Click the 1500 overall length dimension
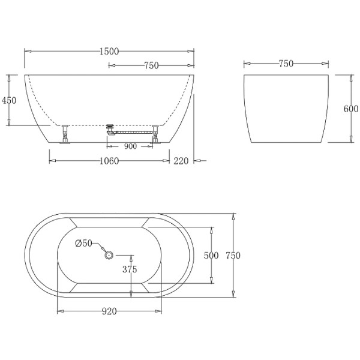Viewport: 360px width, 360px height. click(x=109, y=51)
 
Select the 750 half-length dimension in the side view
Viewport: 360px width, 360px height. click(x=151, y=65)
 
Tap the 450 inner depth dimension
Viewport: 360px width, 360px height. click(x=9, y=100)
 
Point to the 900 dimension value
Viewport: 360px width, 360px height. click(x=130, y=146)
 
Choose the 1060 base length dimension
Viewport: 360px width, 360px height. click(x=109, y=161)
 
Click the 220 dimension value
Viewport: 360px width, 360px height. click(x=181, y=161)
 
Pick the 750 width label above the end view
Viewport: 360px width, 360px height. click(x=286, y=64)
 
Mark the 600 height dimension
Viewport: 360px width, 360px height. click(x=351, y=109)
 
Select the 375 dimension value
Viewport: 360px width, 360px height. click(x=130, y=269)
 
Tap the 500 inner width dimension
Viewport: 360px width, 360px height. click(x=211, y=256)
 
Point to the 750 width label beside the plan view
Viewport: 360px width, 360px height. click(x=233, y=256)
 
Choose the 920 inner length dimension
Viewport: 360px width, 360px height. click(x=109, y=311)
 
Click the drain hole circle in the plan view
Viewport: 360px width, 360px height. click(x=109, y=255)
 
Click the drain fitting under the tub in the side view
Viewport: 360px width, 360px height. click(x=109, y=128)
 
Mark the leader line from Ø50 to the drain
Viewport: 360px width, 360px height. click(x=100, y=248)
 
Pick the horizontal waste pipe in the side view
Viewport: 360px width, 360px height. click(x=133, y=131)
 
